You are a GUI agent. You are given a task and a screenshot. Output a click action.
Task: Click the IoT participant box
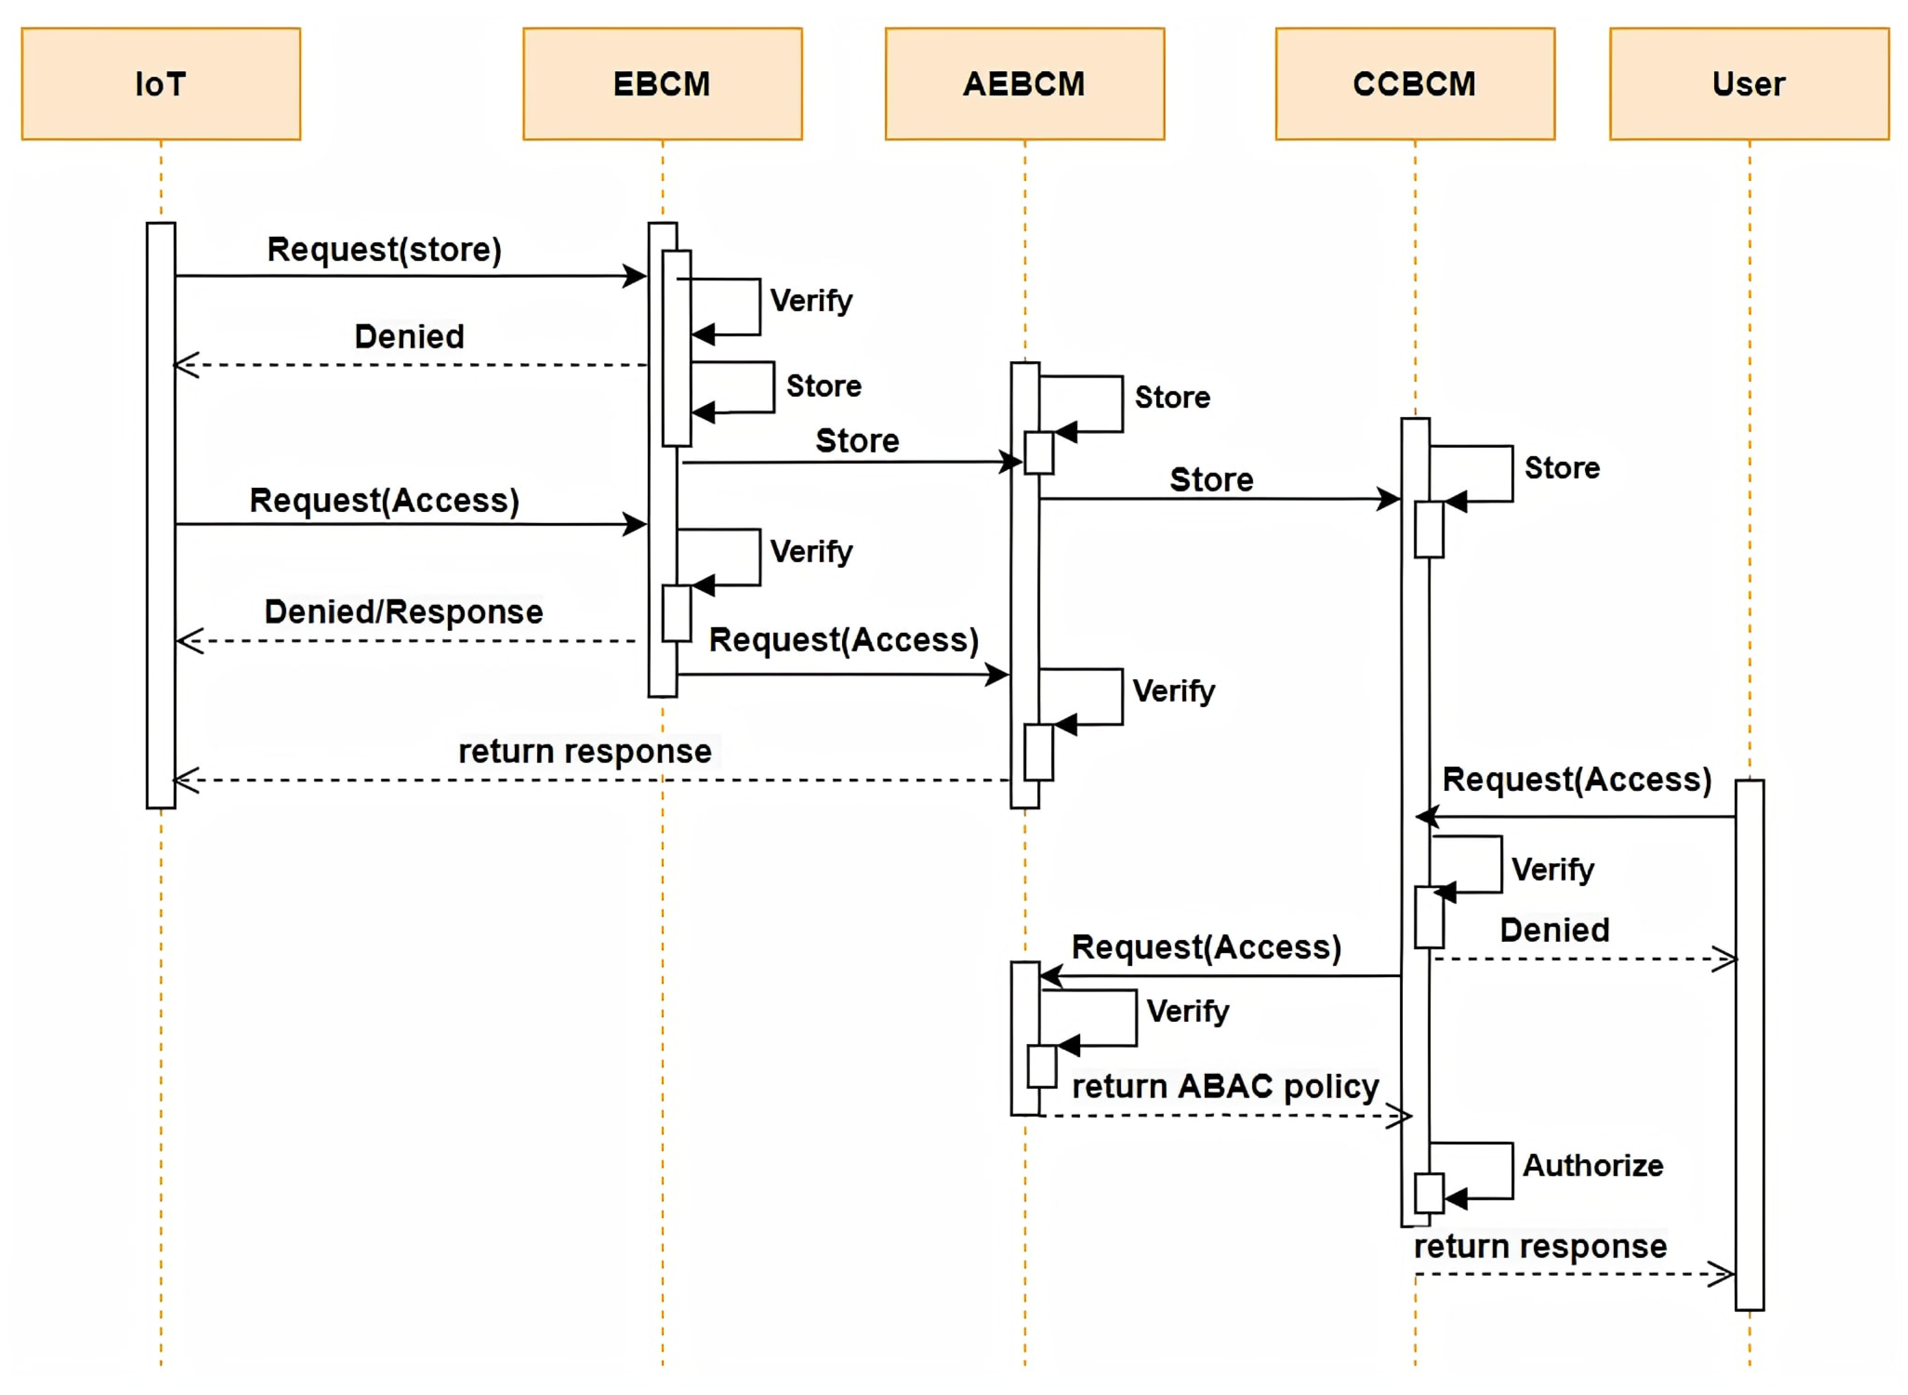pos(160,84)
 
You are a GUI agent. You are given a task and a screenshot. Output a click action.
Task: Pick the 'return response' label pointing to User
pos(1540,1246)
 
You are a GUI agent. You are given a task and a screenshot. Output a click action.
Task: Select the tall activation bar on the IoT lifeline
pos(160,515)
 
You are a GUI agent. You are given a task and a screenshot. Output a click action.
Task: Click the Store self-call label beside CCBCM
pos(1562,468)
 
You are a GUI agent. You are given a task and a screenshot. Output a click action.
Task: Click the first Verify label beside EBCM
pos(811,301)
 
